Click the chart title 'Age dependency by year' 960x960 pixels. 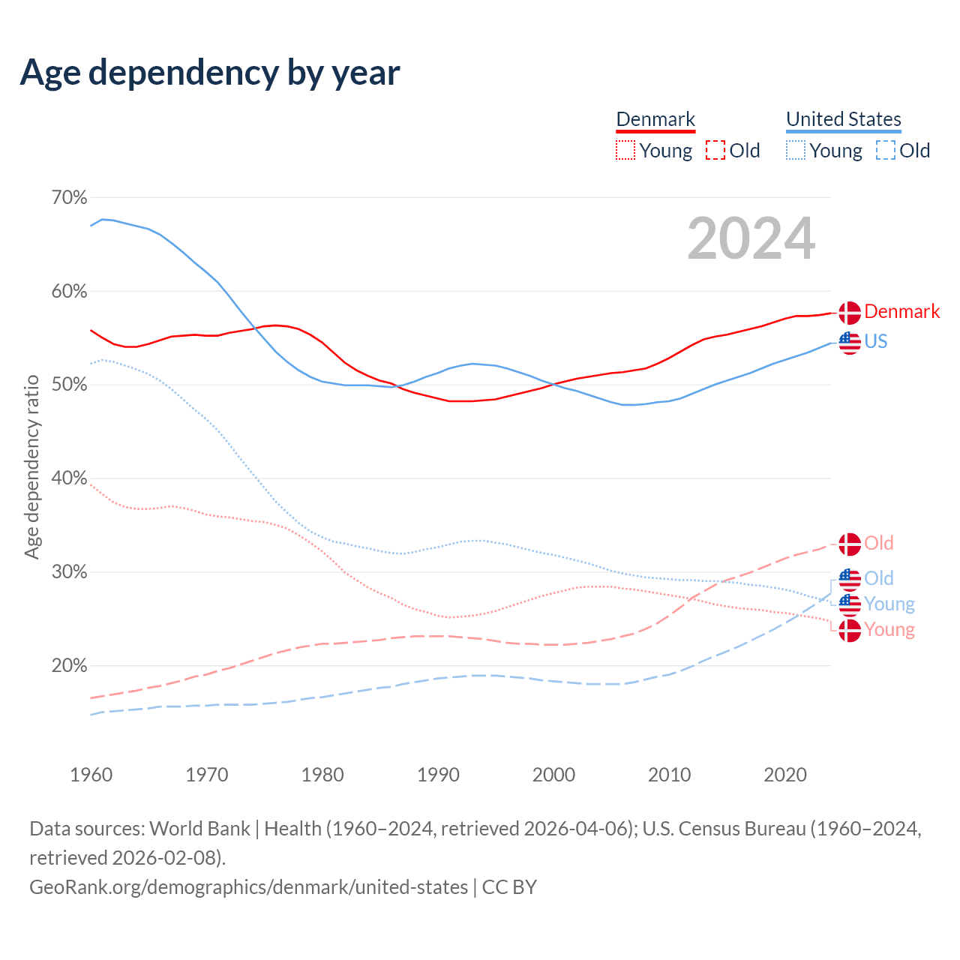(x=210, y=73)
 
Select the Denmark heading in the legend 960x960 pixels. (x=655, y=119)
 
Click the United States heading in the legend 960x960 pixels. (x=843, y=119)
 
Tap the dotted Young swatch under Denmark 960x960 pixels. (x=625, y=151)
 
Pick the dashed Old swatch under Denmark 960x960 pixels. (x=715, y=151)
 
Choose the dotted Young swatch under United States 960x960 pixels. (x=796, y=151)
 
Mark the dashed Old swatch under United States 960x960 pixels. (x=886, y=151)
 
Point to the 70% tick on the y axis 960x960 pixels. (x=69, y=198)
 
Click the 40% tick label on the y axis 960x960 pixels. (x=69, y=478)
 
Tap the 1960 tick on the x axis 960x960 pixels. (x=91, y=775)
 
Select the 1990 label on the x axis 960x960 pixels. (x=438, y=775)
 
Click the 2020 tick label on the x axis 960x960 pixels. (x=784, y=775)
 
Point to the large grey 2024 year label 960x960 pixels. (x=751, y=238)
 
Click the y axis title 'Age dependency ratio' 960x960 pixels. (x=31, y=466)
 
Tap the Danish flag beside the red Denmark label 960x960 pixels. (x=849, y=313)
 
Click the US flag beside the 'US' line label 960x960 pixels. (x=849, y=343)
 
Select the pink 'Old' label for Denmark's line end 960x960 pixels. (x=878, y=543)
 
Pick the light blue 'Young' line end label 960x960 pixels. (x=889, y=604)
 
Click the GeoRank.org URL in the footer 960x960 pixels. (x=248, y=887)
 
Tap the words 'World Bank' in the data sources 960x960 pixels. (x=199, y=829)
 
